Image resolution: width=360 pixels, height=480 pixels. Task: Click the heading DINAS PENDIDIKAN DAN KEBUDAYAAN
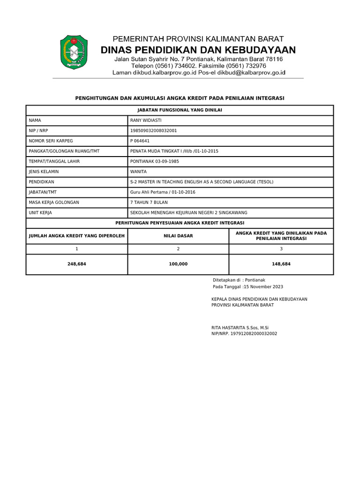tap(198, 50)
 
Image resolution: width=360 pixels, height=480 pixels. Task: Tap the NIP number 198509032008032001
tap(153, 131)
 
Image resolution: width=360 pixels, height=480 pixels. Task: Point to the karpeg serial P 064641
tap(140, 141)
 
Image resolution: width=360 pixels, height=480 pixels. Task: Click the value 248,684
tap(77, 264)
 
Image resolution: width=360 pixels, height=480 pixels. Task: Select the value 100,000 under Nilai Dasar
tap(178, 264)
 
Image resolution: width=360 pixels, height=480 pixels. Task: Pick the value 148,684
tap(281, 264)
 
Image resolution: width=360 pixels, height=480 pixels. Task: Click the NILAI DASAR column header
tap(178, 236)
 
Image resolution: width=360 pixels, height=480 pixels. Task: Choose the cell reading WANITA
tap(138, 172)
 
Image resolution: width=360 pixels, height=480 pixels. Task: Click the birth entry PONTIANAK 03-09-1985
tap(154, 161)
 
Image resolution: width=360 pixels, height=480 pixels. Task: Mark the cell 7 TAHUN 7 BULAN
tap(149, 202)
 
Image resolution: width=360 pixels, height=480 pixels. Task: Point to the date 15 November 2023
tap(263, 286)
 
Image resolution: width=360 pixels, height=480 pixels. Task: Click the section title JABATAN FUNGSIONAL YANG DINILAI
tap(180, 110)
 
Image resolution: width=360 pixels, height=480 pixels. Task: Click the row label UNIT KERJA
tap(40, 212)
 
